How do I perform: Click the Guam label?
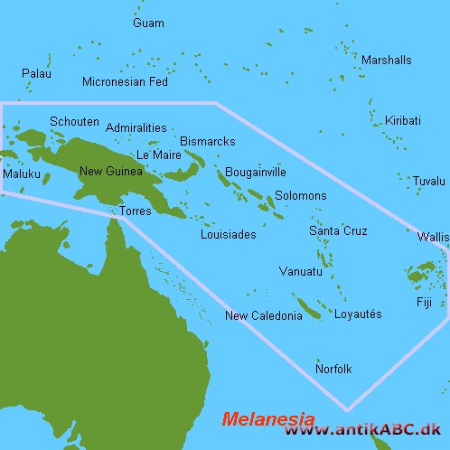[x=148, y=23]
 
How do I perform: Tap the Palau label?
[x=35, y=71]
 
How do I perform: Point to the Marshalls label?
[x=386, y=61]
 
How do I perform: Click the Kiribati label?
[x=402, y=120]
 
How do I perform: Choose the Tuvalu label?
[x=428, y=182]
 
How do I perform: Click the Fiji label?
[x=424, y=302]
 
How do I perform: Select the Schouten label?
[x=74, y=121]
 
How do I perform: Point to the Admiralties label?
[x=135, y=128]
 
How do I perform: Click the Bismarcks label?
[x=208, y=143]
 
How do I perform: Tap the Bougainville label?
[x=256, y=172]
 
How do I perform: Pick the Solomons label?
[x=301, y=195]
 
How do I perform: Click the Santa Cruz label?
[x=338, y=231]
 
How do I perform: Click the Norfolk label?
[x=333, y=369]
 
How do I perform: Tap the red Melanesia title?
[x=268, y=419]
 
